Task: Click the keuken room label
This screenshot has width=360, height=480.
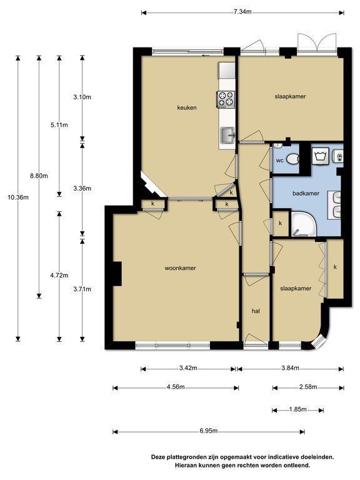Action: [x=187, y=107]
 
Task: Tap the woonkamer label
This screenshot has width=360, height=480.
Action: [x=180, y=268]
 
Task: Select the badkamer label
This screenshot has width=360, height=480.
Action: [x=306, y=194]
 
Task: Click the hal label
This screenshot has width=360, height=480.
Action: [x=256, y=311]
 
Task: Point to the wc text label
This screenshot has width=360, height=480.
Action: [x=280, y=161]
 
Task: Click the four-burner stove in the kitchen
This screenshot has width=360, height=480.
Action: [x=226, y=99]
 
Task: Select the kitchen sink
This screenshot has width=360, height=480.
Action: [x=227, y=135]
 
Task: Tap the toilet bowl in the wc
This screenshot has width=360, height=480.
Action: [x=293, y=159]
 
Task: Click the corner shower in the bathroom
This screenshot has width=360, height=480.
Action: [x=303, y=224]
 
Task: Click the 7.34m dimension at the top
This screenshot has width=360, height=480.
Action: [x=242, y=12]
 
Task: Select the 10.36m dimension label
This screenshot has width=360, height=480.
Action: [x=18, y=197]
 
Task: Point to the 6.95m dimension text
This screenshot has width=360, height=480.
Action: [x=209, y=431]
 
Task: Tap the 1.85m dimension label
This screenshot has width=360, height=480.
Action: [x=298, y=409]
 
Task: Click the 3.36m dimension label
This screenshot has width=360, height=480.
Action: [x=82, y=189]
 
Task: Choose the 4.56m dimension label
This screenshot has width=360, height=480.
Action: [x=176, y=387]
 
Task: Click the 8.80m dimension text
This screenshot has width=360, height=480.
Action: [x=39, y=176]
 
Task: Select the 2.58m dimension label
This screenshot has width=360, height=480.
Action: [x=308, y=387]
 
